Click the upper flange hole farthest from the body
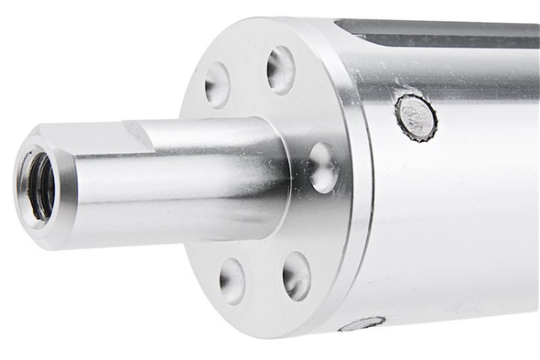[217, 84]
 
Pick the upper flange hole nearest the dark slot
[281, 69]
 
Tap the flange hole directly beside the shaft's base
[322, 167]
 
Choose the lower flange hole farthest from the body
[232, 279]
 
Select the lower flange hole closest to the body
[296, 276]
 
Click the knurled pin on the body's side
[416, 116]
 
